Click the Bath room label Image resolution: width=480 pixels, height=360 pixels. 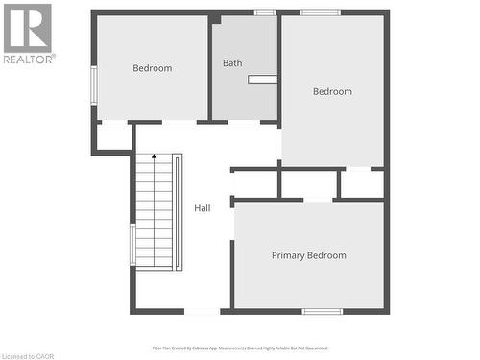[232, 63]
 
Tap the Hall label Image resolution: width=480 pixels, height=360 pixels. [203, 208]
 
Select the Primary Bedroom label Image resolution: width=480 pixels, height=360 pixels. [308, 255]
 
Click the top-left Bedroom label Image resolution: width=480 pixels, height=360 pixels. [152, 68]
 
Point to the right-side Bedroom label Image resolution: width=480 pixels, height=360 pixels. [332, 92]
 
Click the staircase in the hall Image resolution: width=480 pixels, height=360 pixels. [153, 210]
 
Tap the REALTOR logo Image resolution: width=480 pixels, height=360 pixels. [28, 33]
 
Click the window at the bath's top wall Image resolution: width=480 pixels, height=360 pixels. [265, 12]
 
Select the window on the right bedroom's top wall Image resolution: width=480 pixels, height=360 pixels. [320, 12]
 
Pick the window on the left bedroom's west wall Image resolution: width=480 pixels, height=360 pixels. [93, 84]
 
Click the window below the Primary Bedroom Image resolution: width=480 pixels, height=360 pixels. [323, 311]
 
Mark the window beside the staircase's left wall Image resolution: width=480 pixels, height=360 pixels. [132, 244]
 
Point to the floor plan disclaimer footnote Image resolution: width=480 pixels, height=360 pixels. [239, 348]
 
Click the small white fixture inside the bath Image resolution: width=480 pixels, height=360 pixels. [262, 80]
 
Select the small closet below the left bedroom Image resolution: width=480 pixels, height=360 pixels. [114, 136]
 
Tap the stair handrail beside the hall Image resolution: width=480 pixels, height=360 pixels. [179, 211]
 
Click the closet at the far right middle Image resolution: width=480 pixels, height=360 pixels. [362, 183]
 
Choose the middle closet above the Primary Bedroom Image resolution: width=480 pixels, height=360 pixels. [308, 183]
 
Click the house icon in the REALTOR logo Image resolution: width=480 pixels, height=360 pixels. [28, 26]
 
